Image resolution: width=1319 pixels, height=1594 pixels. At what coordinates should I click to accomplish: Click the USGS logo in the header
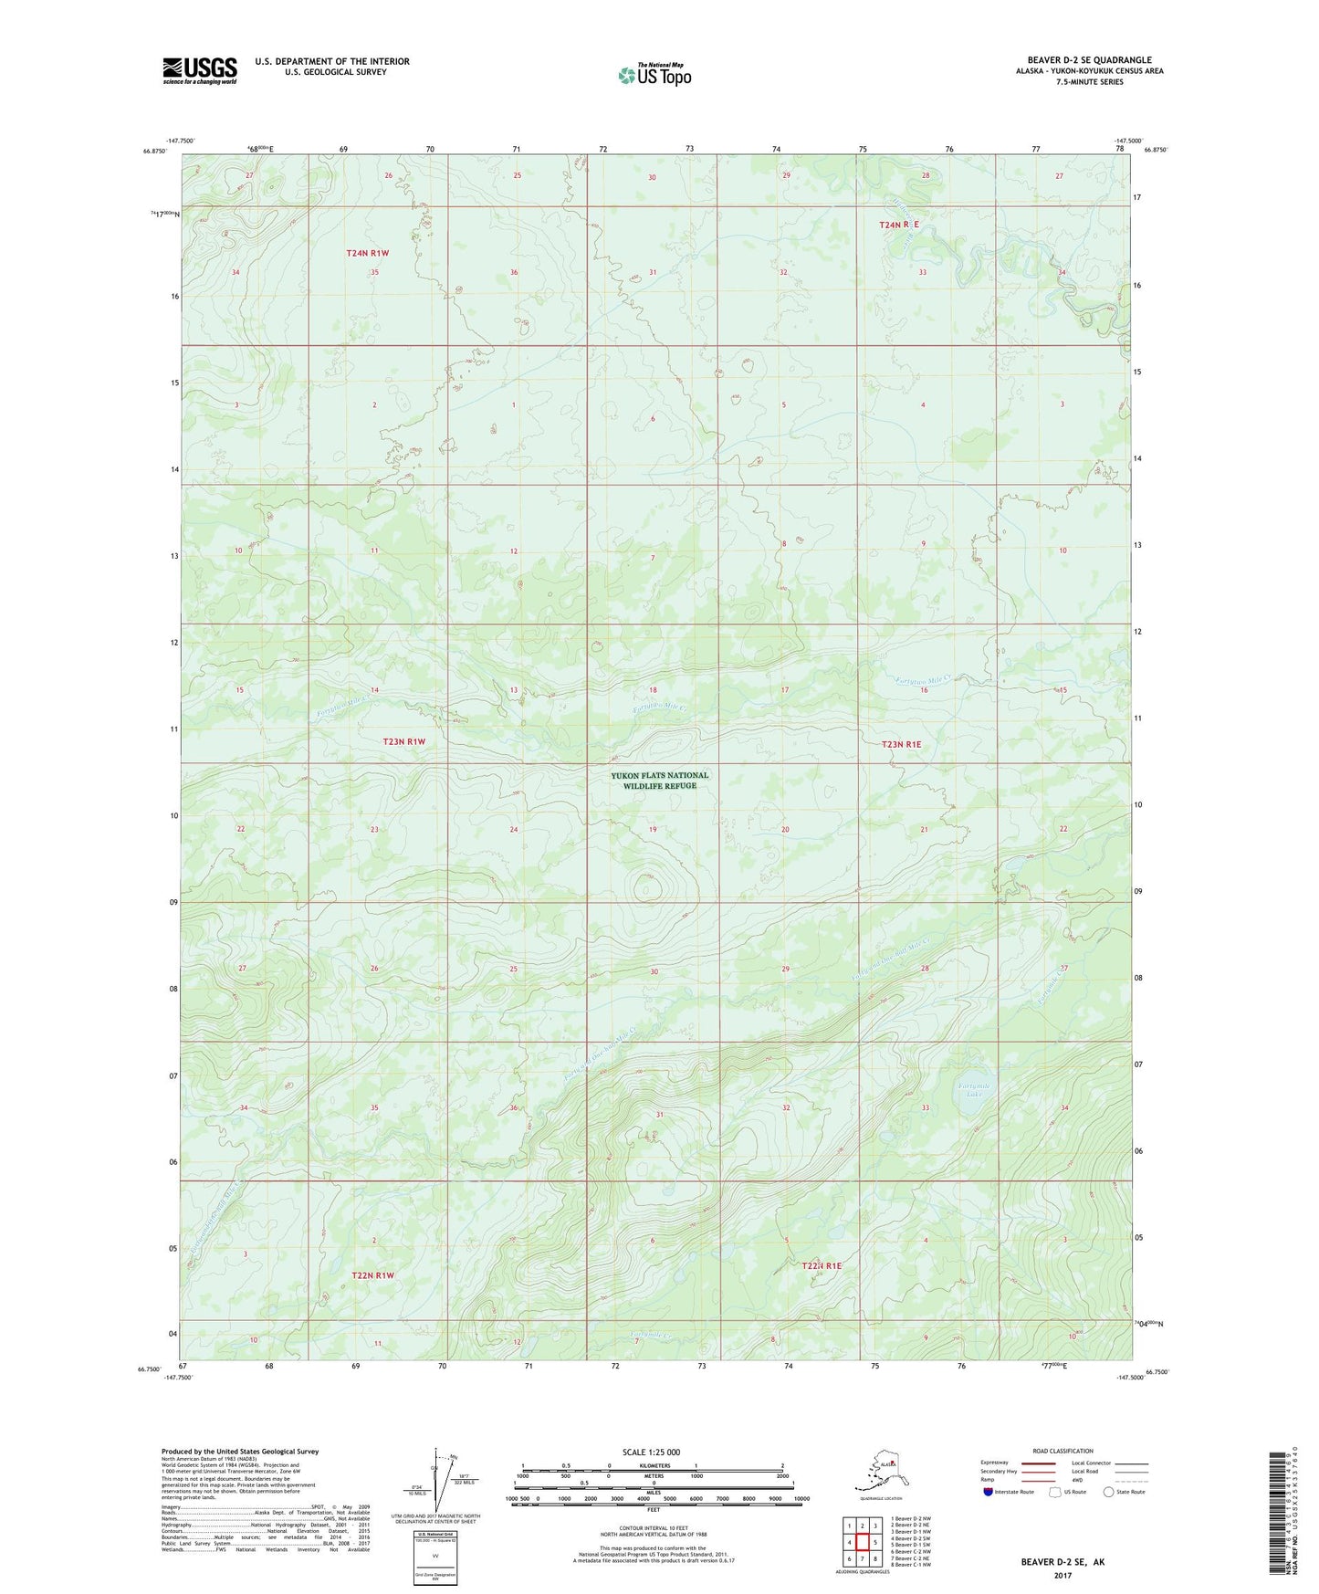tap(199, 70)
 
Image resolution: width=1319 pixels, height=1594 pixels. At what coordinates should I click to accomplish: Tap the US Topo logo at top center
tap(654, 74)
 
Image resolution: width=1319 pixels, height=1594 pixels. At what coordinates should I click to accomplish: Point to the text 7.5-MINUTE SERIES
tap(1089, 82)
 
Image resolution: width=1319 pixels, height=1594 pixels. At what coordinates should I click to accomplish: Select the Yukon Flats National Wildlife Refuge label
tap(659, 781)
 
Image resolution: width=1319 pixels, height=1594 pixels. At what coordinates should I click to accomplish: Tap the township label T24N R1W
tap(368, 253)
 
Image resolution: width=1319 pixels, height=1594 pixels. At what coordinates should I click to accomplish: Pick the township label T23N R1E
tap(901, 745)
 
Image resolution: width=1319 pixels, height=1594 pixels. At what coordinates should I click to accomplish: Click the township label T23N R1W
tap(404, 742)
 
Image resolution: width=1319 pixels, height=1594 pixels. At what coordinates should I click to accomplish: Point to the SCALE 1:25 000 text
tap(652, 1452)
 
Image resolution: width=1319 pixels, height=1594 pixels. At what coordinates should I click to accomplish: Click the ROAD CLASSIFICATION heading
tap(1062, 1451)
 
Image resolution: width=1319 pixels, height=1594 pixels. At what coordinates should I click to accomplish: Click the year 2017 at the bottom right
tap(1062, 1576)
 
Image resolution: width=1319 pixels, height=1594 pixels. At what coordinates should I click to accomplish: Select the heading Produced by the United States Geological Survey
tap(240, 1451)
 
